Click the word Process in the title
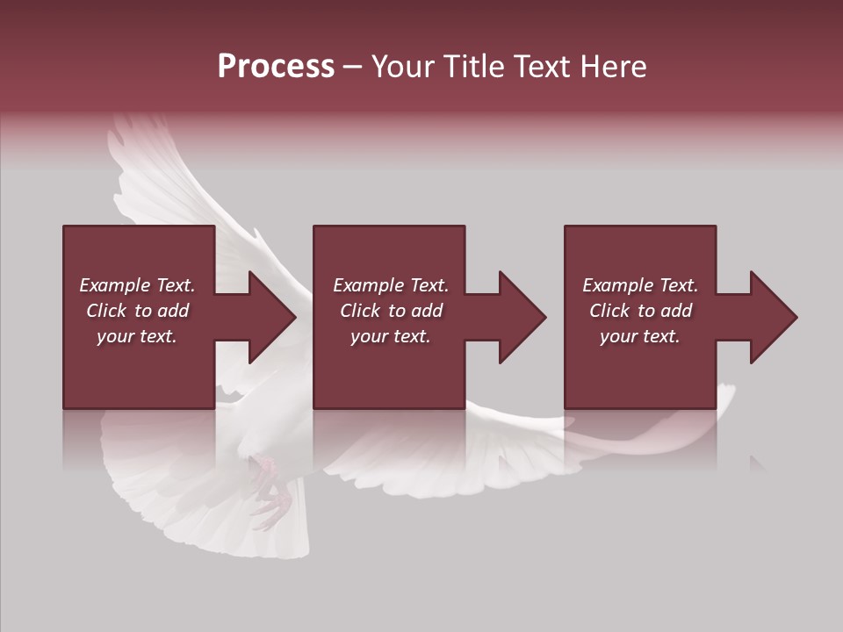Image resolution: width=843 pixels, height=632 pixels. tap(276, 67)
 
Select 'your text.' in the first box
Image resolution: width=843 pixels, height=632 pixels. tap(137, 336)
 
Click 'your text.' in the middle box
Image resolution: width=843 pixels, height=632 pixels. tap(391, 336)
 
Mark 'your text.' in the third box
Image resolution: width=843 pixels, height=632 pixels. tap(640, 336)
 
